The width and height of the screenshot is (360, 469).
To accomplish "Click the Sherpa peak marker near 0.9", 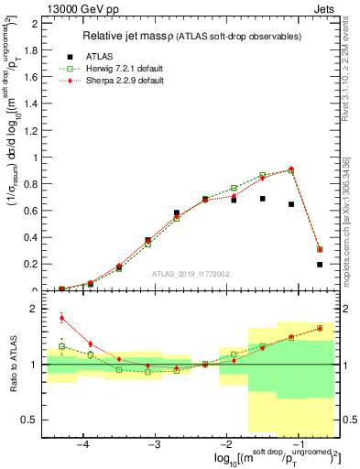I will [x=291, y=169].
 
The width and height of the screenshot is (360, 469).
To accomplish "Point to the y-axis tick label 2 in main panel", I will [x=34, y=24].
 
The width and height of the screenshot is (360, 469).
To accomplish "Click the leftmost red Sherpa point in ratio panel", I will [x=61, y=318].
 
